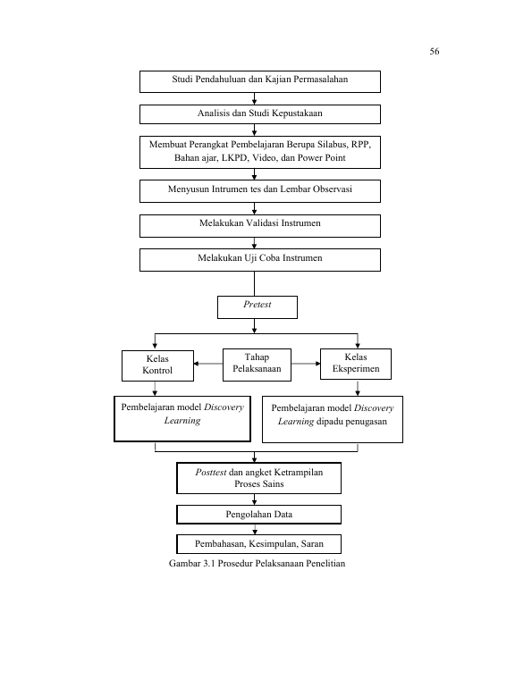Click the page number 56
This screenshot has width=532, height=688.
(435, 51)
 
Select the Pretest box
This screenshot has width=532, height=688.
(258, 307)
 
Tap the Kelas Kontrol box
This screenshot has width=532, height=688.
(157, 365)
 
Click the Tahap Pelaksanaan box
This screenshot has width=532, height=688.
(257, 365)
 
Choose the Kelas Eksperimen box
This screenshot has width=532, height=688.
(356, 364)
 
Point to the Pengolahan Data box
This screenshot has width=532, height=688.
(259, 515)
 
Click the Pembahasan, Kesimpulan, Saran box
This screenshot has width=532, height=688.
(259, 543)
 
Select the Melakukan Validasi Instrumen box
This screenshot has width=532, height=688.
(260, 226)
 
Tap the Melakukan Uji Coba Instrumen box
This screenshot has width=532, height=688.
(260, 260)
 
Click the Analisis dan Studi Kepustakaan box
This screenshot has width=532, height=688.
(260, 114)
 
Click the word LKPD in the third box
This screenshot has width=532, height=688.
(234, 158)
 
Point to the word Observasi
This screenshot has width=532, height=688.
(332, 189)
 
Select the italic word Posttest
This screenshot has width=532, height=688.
(211, 473)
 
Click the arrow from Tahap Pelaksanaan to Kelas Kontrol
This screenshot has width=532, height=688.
(208, 364)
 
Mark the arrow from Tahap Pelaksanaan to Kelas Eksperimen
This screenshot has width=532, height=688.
(306, 364)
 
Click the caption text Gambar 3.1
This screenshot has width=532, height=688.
(192, 564)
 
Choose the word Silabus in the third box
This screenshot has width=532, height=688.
(333, 145)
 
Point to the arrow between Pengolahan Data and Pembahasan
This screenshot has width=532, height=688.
(255, 529)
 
